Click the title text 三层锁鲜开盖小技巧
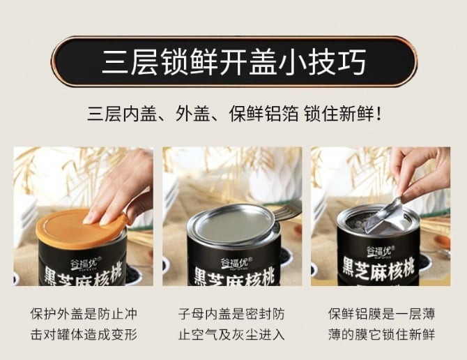pyautogui.click(x=233, y=61)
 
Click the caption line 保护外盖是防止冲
pyautogui.click(x=84, y=314)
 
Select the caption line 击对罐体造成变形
pyautogui.click(x=84, y=335)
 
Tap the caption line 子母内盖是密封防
pyautogui.click(x=231, y=314)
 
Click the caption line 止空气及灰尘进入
pyautogui.click(x=231, y=335)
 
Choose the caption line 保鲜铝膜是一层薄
pyautogui.click(x=381, y=314)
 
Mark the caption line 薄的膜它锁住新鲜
pyautogui.click(x=381, y=335)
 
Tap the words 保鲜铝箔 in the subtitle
pyautogui.click(x=263, y=114)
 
